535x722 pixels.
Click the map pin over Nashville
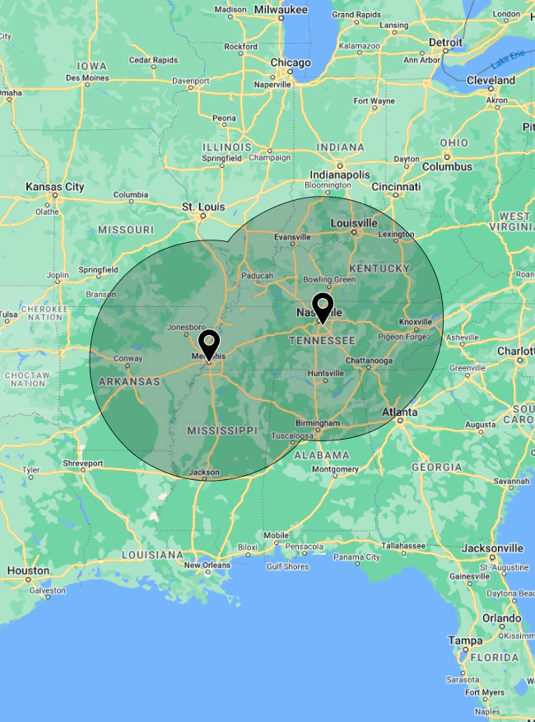pyautogui.click(x=323, y=306)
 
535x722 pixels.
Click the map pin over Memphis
pyautogui.click(x=210, y=343)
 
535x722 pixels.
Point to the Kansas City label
pyautogui.click(x=55, y=187)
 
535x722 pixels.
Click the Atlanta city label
pyautogui.click(x=399, y=412)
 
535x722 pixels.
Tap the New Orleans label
pyautogui.click(x=207, y=565)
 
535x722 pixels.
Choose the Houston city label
pyautogui.click(x=28, y=571)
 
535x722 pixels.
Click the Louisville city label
pyautogui.click(x=353, y=223)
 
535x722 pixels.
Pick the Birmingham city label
pyautogui.click(x=317, y=423)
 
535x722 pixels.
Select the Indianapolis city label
pyautogui.click(x=340, y=175)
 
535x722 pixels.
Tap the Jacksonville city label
pyautogui.click(x=492, y=547)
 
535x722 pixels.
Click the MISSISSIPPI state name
pyautogui.click(x=222, y=431)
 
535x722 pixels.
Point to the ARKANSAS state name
pyautogui.click(x=129, y=382)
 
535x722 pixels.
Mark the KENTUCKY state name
pyautogui.click(x=379, y=268)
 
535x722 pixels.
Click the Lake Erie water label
pyautogui.click(x=508, y=60)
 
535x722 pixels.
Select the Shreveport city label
pyautogui.click(x=83, y=463)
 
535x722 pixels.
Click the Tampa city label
pyautogui.click(x=465, y=640)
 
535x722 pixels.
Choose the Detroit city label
pyautogui.click(x=445, y=41)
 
